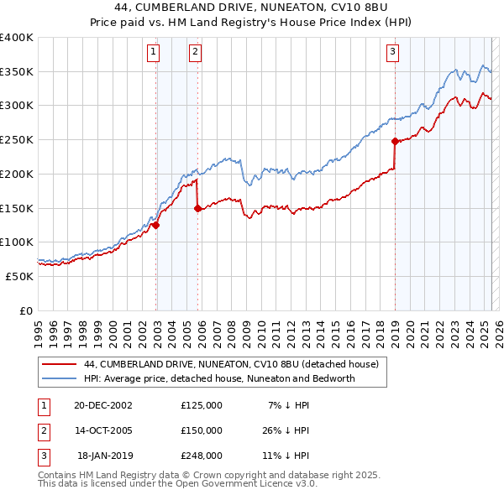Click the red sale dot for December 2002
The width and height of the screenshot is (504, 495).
(156, 224)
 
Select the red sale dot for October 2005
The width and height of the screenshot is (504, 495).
(198, 208)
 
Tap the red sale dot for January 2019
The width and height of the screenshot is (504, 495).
(395, 141)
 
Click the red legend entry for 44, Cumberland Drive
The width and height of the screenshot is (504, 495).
(231, 364)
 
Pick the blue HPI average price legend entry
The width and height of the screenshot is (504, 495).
(219, 378)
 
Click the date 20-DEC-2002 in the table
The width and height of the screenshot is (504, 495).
(103, 405)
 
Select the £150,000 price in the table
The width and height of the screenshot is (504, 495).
(202, 430)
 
